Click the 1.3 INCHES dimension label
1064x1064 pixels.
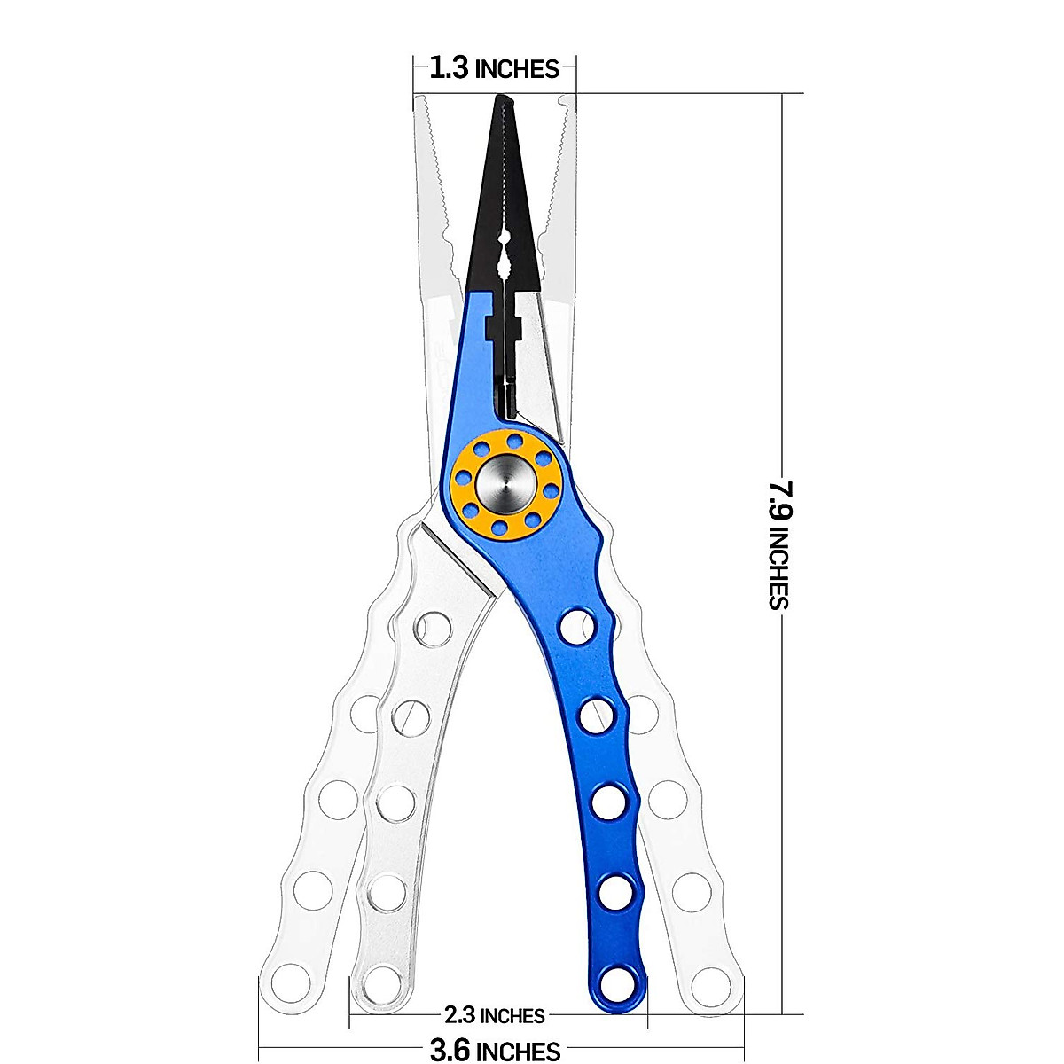pos(494,68)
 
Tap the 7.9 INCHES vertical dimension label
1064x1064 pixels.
pos(779,544)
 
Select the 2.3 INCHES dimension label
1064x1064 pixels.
pos(494,1014)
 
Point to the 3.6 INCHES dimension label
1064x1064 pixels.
pos(495,1052)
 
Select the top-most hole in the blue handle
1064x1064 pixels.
pos(576,626)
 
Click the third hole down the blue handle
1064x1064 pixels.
pos(607,803)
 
